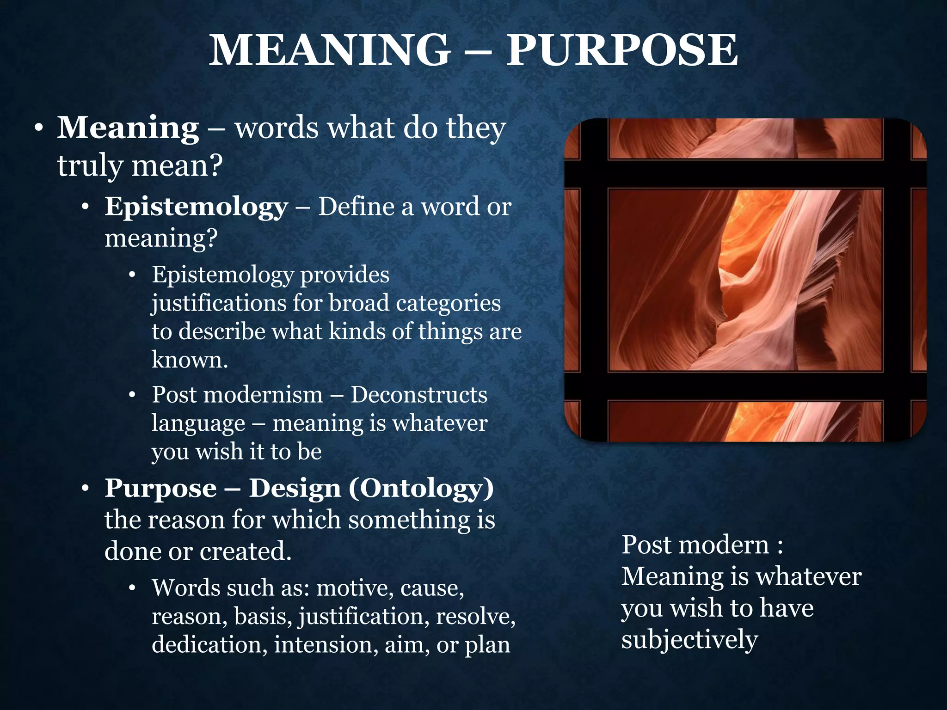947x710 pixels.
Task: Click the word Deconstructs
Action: pyautogui.click(x=419, y=395)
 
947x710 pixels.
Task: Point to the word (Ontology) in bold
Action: pyautogui.click(x=421, y=488)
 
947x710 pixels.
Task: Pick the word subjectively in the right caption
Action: pyautogui.click(x=689, y=640)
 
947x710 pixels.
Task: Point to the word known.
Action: pyautogui.click(x=190, y=360)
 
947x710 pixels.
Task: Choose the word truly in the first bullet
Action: pyautogui.click(x=90, y=165)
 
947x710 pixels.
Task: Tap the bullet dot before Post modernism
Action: pyautogui.click(x=133, y=395)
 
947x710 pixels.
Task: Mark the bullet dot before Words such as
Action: pyautogui.click(x=133, y=588)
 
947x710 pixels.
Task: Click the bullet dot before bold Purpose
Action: pyautogui.click(x=85, y=489)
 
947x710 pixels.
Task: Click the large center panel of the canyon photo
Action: pyautogui.click(x=745, y=280)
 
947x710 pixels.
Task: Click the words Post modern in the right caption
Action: pyautogui.click(x=695, y=545)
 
